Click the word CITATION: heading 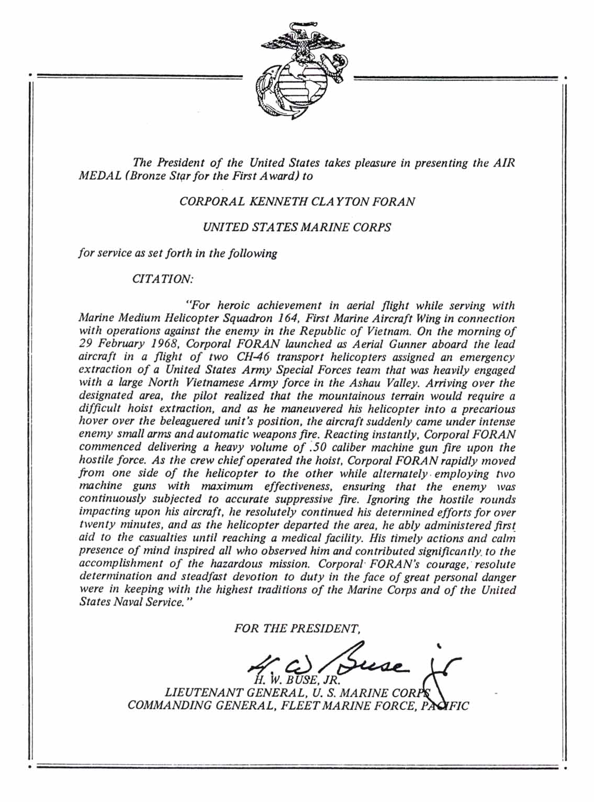(x=163, y=279)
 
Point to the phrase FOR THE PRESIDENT (x=297, y=628)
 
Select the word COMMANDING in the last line (x=167, y=705)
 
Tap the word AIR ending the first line (x=504, y=162)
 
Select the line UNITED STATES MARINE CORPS (x=297, y=227)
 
